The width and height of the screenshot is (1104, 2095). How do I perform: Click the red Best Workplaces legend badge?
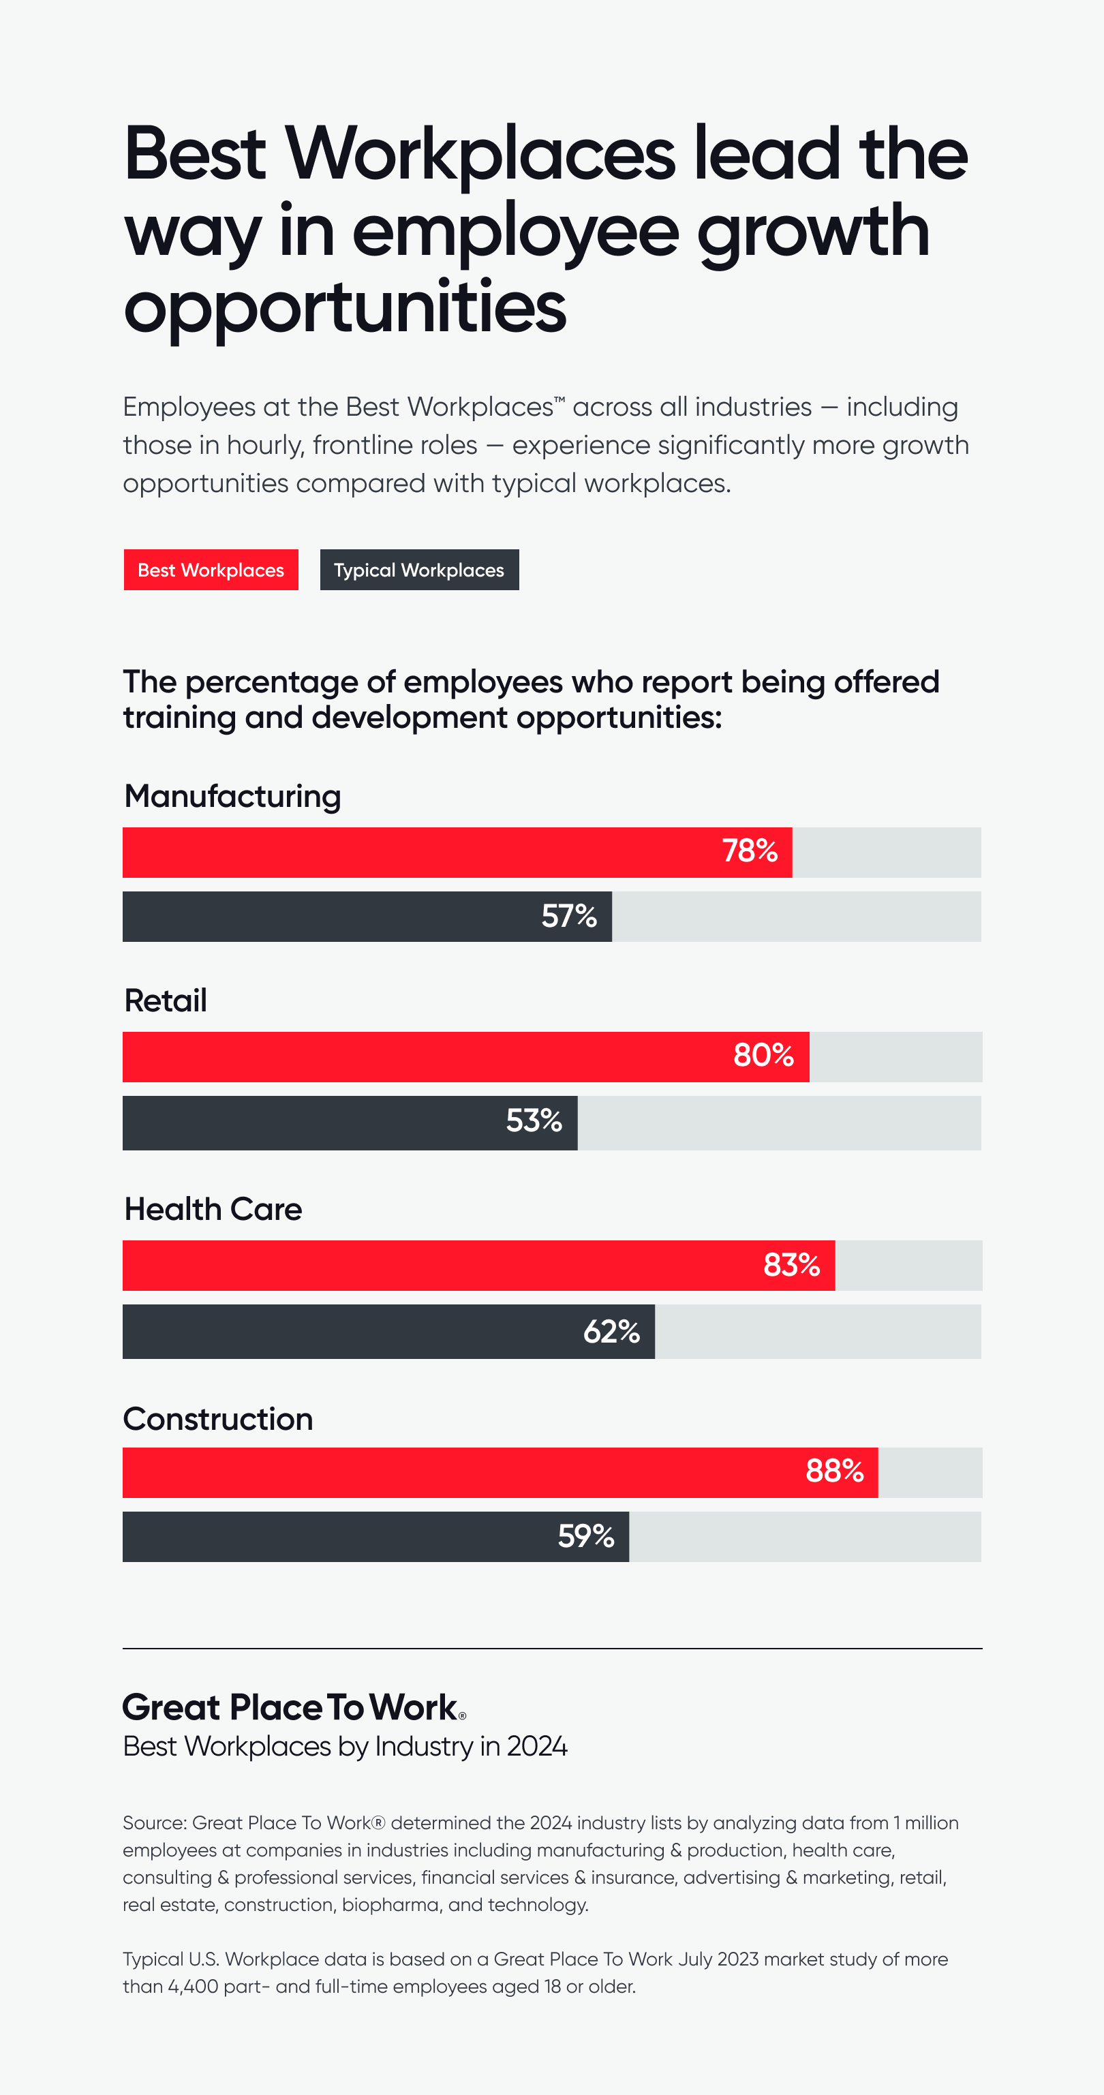pyautogui.click(x=211, y=570)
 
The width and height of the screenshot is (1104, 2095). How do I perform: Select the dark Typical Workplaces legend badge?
pyautogui.click(x=418, y=570)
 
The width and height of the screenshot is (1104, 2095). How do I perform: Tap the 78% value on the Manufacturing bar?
pyautogui.click(x=750, y=851)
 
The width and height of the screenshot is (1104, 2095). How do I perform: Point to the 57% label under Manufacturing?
pyautogui.click(x=569, y=917)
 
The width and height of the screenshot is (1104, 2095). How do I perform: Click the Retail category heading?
pyautogui.click(x=166, y=1000)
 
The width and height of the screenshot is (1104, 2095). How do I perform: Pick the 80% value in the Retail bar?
pyautogui.click(x=763, y=1056)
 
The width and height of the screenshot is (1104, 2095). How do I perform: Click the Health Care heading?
pyautogui.click(x=213, y=1209)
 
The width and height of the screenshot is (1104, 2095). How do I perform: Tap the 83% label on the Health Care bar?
pyautogui.click(x=791, y=1266)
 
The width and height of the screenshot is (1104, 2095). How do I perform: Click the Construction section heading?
pyautogui.click(x=218, y=1419)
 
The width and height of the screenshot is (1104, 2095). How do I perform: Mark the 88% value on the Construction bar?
pyautogui.click(x=834, y=1471)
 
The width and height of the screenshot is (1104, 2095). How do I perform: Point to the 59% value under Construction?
pyautogui.click(x=585, y=1536)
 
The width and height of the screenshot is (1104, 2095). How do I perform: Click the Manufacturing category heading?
pyautogui.click(x=232, y=796)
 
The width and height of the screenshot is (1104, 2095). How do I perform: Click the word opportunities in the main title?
pyautogui.click(x=345, y=308)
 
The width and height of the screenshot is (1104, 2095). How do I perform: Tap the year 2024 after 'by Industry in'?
pyautogui.click(x=536, y=1746)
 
